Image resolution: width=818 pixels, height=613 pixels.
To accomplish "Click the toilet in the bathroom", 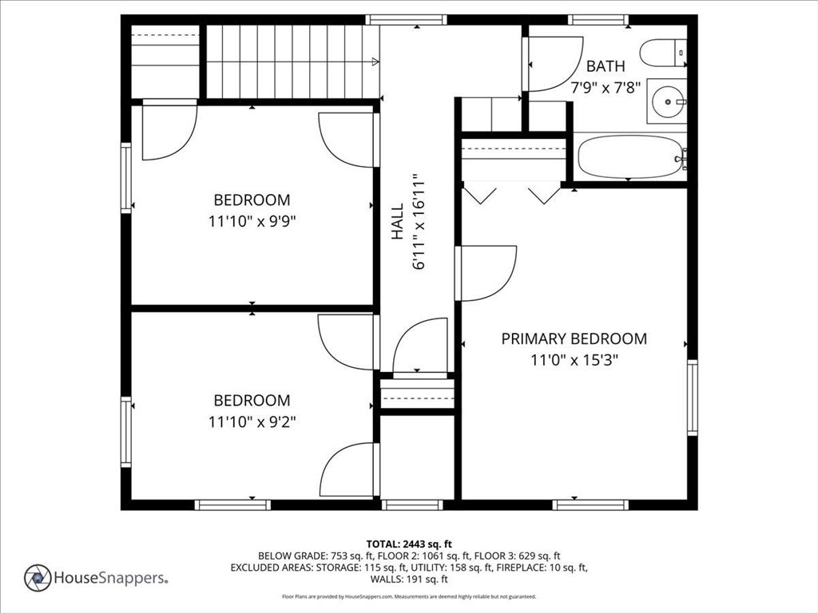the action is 663,53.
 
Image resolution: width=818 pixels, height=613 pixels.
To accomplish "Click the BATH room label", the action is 606,66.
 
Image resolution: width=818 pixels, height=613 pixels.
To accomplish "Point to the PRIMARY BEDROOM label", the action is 574,338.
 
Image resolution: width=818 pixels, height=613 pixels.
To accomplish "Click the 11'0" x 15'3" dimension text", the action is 574,360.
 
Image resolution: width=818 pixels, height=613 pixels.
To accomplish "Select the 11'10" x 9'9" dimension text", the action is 252,222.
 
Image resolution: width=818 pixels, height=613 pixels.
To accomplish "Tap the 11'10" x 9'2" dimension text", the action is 252,421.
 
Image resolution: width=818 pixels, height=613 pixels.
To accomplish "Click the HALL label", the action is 398,222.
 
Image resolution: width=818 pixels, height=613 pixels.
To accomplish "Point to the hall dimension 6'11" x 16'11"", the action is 419,222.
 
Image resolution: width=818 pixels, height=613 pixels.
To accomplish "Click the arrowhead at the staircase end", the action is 375,62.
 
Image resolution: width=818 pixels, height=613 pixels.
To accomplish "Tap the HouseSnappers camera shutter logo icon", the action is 38,578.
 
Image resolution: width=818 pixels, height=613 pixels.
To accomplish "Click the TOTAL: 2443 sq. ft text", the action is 409,544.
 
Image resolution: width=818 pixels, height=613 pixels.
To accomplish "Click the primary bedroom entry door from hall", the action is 486,273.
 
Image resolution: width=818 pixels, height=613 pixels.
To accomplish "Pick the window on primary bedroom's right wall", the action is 693,397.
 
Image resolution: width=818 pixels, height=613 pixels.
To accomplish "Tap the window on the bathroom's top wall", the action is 598,20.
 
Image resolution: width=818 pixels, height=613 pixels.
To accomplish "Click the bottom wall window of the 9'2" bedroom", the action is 232,504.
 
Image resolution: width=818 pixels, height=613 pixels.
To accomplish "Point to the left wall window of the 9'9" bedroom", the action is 125,178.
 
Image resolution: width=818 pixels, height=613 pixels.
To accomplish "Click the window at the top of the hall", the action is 406,20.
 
